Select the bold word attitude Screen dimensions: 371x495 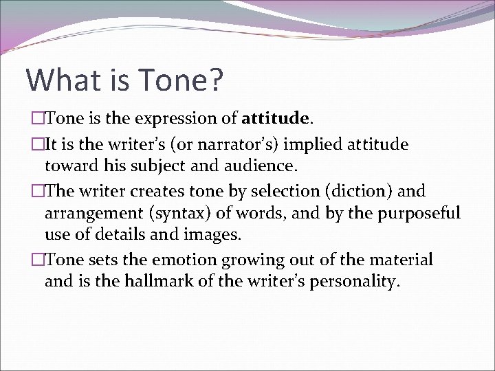click(274, 119)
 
